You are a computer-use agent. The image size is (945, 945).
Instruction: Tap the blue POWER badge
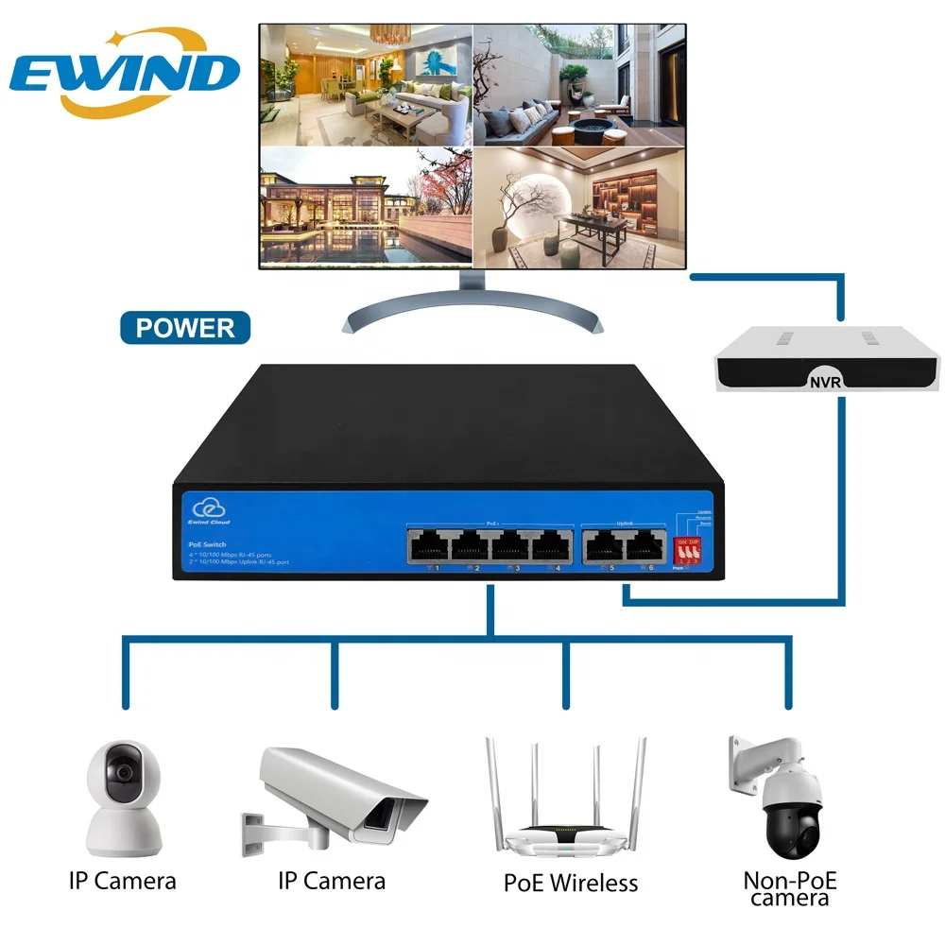185,328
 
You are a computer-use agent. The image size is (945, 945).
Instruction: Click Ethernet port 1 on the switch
428,545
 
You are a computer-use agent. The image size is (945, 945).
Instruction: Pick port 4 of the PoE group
550,545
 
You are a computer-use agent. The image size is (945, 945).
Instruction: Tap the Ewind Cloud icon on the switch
203,507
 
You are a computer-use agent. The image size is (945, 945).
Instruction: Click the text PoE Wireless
570,884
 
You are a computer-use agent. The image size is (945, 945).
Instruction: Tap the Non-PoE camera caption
790,888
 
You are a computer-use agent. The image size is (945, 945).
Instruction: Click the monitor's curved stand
470,312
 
